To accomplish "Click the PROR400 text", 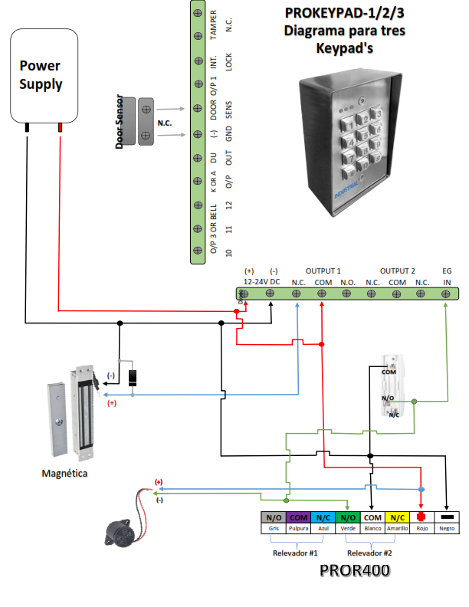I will click(354, 571).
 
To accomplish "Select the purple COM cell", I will click(297, 518).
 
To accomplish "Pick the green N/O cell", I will click(347, 518).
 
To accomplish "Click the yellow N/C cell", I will click(398, 518).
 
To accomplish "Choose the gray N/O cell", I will click(272, 518).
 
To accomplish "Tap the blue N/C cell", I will click(323, 518).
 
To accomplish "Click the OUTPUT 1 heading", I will click(323, 271).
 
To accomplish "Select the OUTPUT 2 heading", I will click(397, 271).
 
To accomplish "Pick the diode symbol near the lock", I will click(133, 376).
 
